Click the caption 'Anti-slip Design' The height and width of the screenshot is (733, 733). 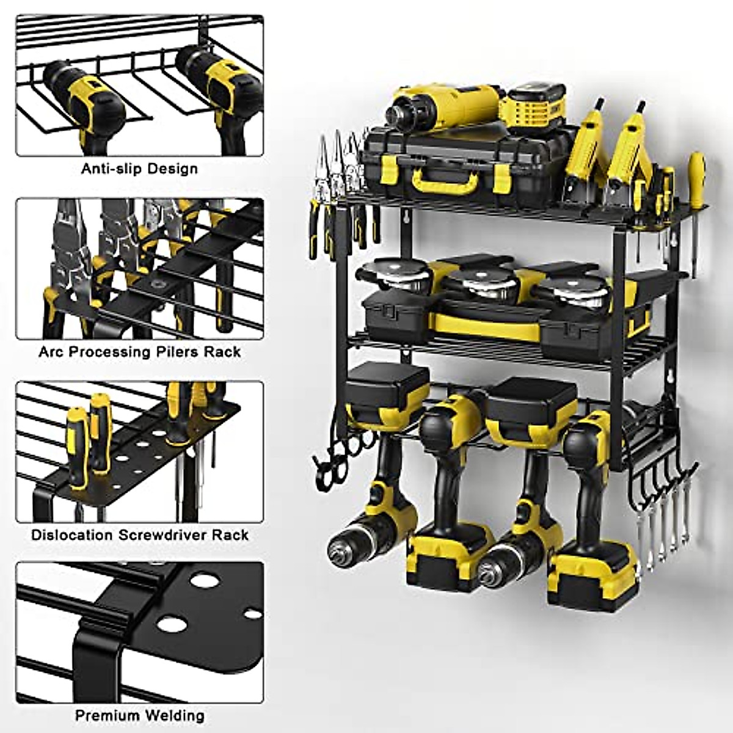coord(140,168)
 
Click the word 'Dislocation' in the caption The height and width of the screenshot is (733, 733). coord(71,535)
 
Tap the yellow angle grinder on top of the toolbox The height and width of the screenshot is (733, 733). coord(440,110)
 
